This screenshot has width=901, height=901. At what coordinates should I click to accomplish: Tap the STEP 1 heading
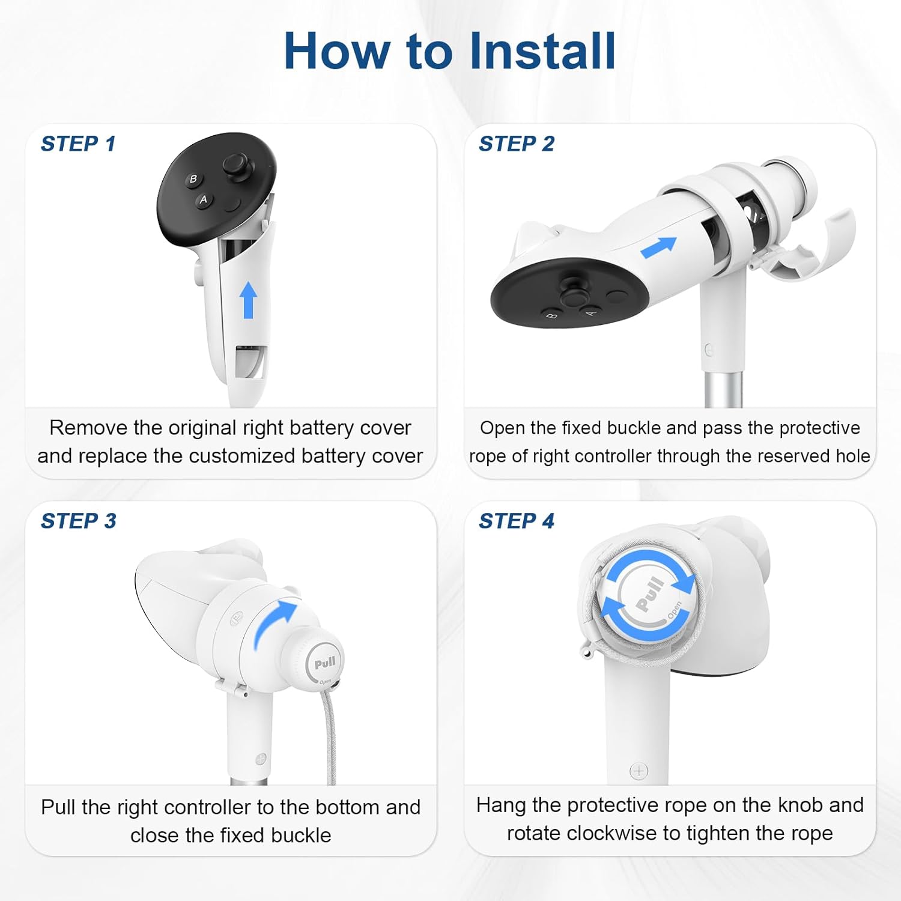tap(78, 144)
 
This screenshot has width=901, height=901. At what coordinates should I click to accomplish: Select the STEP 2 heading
tap(517, 144)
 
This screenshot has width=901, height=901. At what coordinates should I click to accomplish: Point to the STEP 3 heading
tap(79, 521)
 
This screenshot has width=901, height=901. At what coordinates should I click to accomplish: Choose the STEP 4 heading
tap(517, 521)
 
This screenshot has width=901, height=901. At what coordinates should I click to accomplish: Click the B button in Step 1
tap(193, 179)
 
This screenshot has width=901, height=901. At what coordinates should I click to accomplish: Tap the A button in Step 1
tap(204, 199)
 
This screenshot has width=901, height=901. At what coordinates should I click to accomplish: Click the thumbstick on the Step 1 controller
tap(235, 164)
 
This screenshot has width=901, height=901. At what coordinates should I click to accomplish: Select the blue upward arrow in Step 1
tap(249, 300)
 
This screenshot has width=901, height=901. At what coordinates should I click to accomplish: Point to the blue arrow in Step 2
tap(659, 247)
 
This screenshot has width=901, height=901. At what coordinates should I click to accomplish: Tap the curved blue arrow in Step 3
tap(273, 625)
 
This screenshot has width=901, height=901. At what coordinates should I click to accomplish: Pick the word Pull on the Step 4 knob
tap(650, 595)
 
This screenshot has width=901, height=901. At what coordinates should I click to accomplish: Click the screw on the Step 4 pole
tap(639, 771)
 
